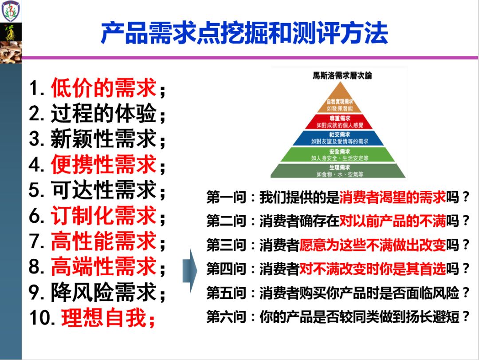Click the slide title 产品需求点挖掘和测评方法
pos(244,33)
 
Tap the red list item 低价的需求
pos(104,88)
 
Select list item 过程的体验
pos(104,114)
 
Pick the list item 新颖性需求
pos(104,139)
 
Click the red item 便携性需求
pos(104,165)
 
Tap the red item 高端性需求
pos(104,267)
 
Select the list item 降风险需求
pos(104,292)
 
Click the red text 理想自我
pos(104,318)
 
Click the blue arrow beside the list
pos(190,270)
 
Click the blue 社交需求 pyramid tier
pos(340,138)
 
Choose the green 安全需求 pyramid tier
pos(340,154)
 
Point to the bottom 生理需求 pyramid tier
pos(340,171)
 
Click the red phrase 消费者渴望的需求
pos(393,198)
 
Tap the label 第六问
pos(226,317)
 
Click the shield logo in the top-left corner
pos(10,12)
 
